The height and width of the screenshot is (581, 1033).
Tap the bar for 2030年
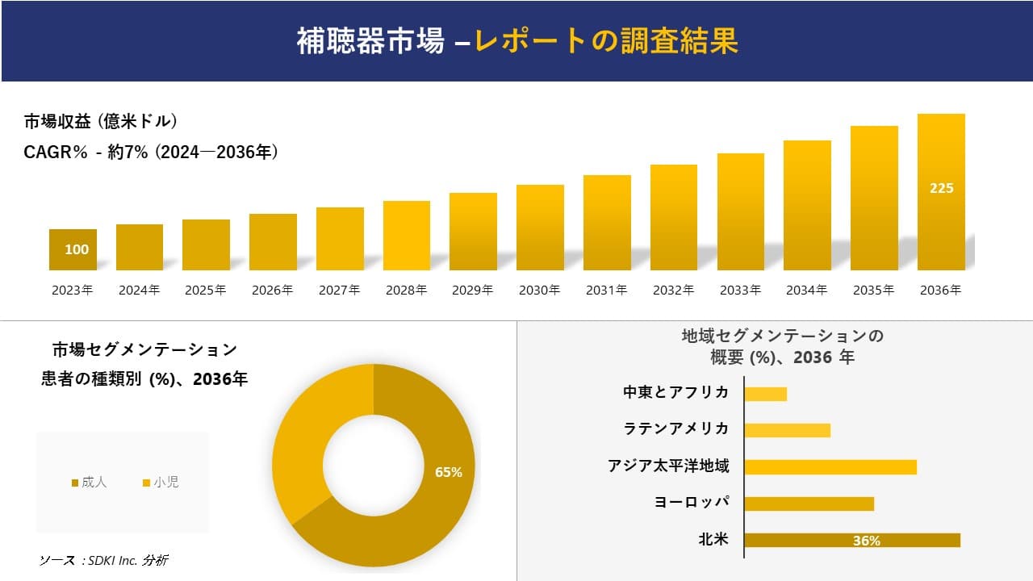pos(540,228)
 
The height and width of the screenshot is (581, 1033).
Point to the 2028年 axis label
pos(406,290)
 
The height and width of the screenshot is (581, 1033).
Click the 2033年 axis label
pos(740,290)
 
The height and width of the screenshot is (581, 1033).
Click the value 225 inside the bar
pos(941,188)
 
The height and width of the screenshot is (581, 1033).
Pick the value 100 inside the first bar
pos(77,249)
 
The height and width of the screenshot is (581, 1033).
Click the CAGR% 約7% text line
pos(151,152)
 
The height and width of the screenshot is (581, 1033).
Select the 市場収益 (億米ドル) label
pos(101,122)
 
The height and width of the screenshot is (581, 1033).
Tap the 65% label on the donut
pos(448,472)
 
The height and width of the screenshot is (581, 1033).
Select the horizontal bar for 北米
pos(851,541)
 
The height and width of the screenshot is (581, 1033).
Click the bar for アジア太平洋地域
pos(830,466)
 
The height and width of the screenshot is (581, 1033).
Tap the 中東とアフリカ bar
pos(765,394)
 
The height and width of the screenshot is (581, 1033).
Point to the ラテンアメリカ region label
pos(676,428)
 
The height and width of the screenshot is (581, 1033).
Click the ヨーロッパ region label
pos(692,502)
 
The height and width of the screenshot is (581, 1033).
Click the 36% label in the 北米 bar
pos(866,541)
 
